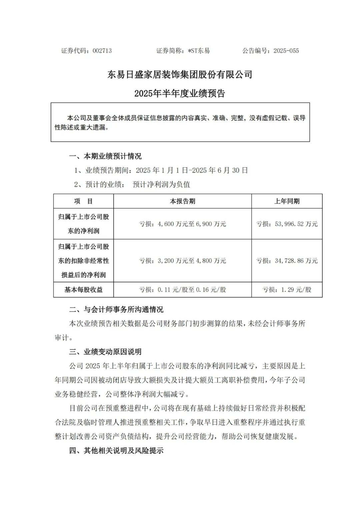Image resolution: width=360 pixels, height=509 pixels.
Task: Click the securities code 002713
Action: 102,51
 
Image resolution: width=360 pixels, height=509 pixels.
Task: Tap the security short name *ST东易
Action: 199,51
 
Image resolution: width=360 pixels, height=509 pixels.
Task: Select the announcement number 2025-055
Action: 286,51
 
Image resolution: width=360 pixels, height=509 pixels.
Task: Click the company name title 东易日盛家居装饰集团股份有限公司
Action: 180,74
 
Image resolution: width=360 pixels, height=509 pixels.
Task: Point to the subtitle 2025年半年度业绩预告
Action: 180,93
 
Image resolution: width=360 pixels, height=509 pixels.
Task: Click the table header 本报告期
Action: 182,201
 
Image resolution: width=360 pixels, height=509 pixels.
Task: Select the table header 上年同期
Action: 287,201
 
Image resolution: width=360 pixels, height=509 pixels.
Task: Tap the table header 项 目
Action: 83,201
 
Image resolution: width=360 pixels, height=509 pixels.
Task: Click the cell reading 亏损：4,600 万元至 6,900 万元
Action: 182,224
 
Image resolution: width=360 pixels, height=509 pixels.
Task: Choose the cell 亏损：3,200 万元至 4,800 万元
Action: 182,261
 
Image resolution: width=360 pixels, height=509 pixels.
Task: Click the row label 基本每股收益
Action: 83,290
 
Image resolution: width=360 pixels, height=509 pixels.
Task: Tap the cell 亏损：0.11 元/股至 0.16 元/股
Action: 182,290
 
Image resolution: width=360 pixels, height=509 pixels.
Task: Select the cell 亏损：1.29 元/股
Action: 287,290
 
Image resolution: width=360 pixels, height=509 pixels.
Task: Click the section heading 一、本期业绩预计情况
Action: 105,156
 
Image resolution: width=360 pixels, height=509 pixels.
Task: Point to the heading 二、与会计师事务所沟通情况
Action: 116,309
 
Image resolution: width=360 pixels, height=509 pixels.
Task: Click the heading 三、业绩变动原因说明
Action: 105,352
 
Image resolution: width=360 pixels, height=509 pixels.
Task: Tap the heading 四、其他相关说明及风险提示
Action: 116,451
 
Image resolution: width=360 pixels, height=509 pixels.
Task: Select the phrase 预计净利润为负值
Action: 161,184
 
